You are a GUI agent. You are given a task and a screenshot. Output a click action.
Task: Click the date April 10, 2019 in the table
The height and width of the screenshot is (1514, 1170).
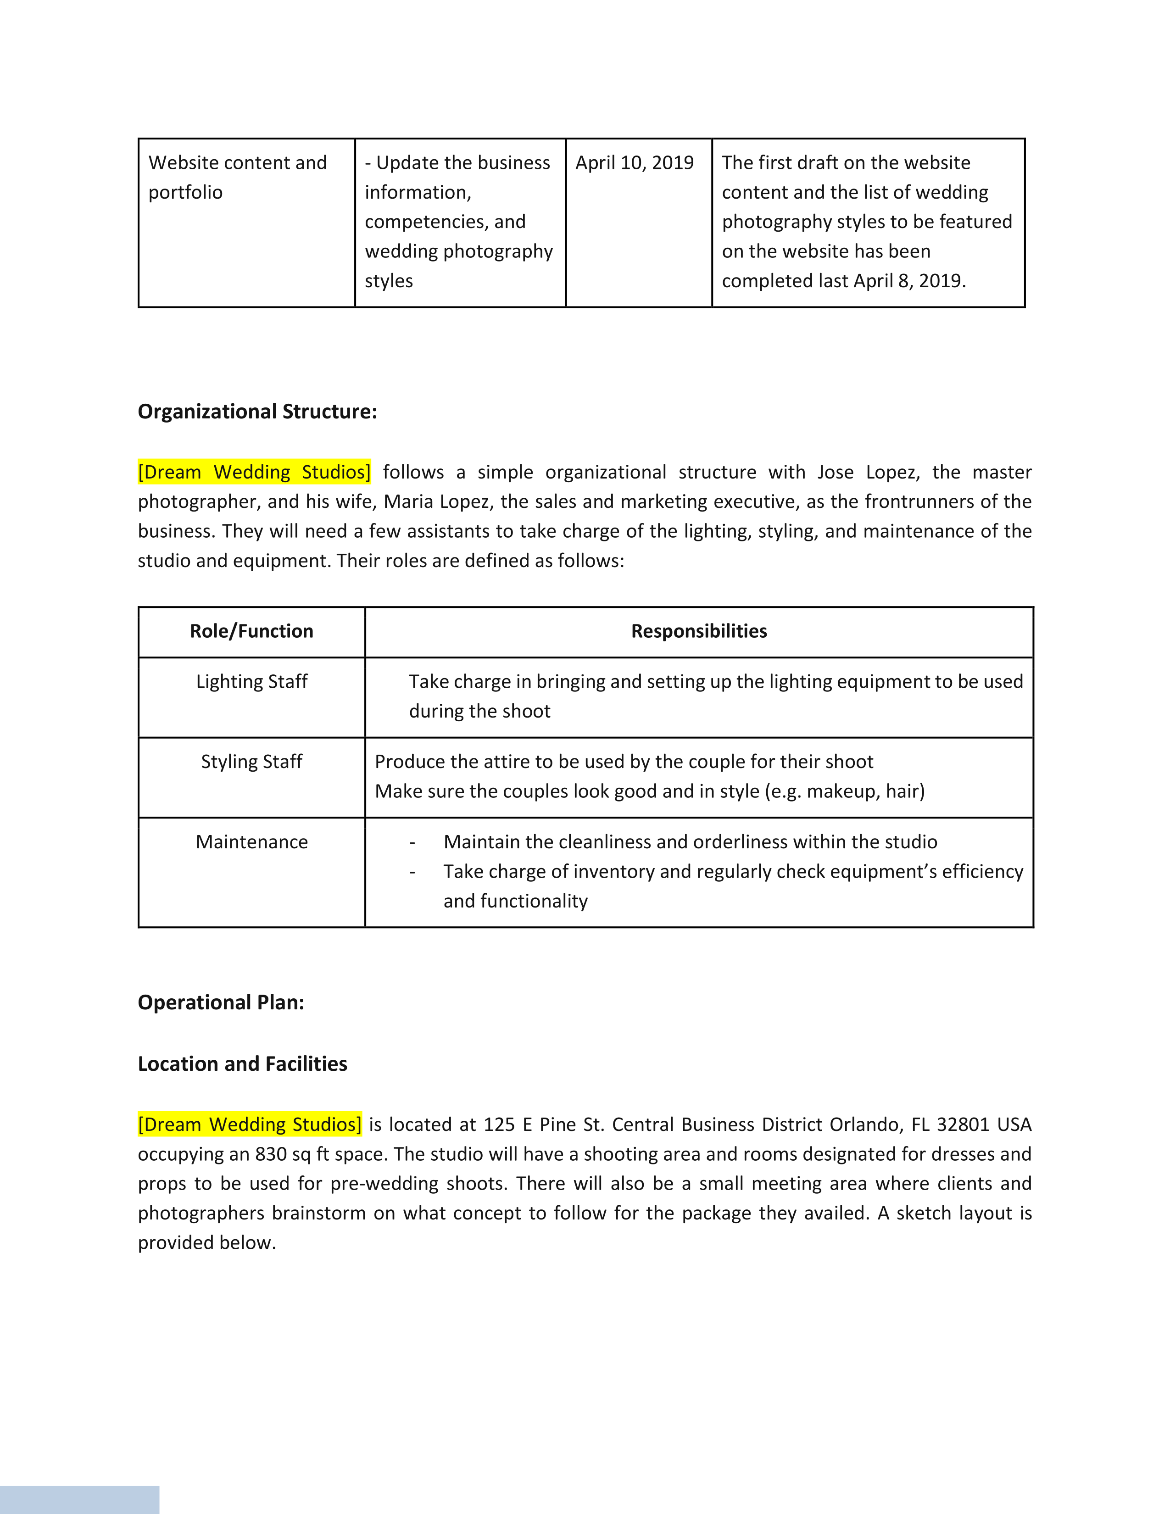click(634, 163)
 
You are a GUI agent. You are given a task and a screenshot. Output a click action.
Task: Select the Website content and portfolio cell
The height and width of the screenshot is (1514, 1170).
click(237, 178)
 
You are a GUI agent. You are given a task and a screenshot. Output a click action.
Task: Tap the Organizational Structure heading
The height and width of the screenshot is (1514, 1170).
click(257, 412)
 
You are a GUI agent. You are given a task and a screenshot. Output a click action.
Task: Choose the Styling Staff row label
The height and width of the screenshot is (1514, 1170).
click(251, 762)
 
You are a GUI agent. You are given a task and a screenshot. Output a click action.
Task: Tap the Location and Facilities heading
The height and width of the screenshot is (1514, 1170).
click(243, 1064)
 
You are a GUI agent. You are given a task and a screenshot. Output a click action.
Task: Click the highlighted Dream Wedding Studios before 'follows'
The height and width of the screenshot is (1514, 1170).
click(254, 472)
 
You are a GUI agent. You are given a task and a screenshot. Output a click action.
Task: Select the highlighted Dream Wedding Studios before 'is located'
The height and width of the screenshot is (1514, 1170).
click(250, 1124)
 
